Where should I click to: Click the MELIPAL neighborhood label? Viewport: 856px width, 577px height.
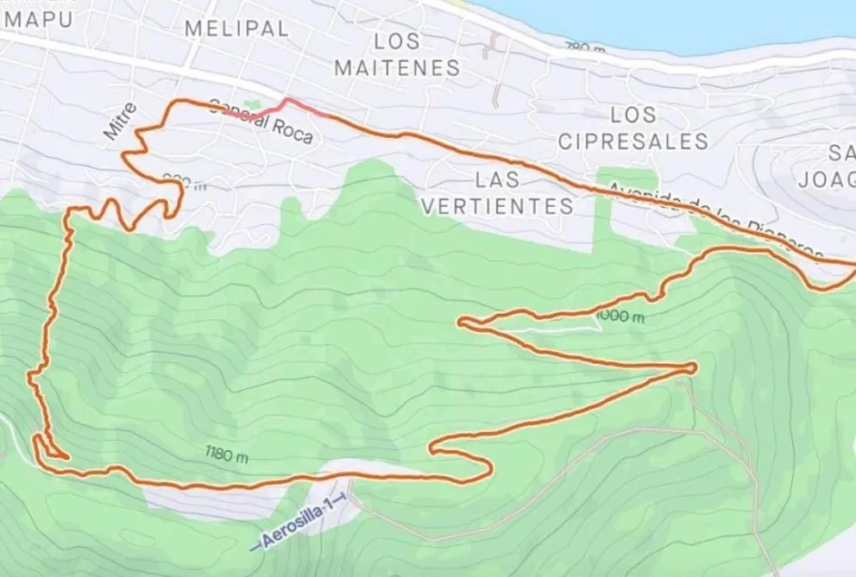236,28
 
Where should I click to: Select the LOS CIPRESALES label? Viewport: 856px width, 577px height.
633,128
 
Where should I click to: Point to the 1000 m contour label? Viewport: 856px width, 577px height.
620,317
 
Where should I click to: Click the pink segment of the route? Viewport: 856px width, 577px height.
285,106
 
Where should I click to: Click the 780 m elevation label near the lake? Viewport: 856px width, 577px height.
584,47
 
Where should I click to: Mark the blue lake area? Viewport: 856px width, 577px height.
673,17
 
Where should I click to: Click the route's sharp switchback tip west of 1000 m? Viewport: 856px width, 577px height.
463,323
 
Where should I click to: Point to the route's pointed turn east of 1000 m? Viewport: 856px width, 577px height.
693,367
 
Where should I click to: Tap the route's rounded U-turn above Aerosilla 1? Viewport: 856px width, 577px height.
488,468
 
